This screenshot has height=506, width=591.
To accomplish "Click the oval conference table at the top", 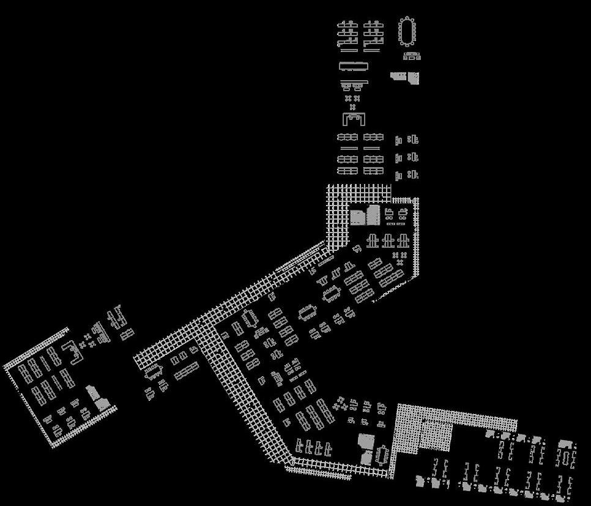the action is point(408,31).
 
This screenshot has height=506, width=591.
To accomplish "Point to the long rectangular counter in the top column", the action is point(355,66).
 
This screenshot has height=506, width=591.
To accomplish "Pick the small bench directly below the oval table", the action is point(412,56).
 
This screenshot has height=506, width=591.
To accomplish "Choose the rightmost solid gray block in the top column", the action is point(414,78).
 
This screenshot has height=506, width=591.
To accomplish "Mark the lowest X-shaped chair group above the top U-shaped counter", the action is point(352,106).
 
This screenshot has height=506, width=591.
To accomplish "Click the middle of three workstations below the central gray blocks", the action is point(387,240).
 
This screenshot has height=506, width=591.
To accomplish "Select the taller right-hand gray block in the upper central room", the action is point(373,214).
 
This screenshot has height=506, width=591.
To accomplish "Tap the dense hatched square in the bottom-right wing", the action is point(436,436).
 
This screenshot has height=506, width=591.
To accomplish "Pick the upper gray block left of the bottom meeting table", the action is point(365,441).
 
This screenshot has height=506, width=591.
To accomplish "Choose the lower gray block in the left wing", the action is point(102,403).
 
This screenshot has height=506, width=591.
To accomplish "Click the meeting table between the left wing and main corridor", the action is point(154,371).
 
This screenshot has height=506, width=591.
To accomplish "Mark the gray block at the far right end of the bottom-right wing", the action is point(566,445).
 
